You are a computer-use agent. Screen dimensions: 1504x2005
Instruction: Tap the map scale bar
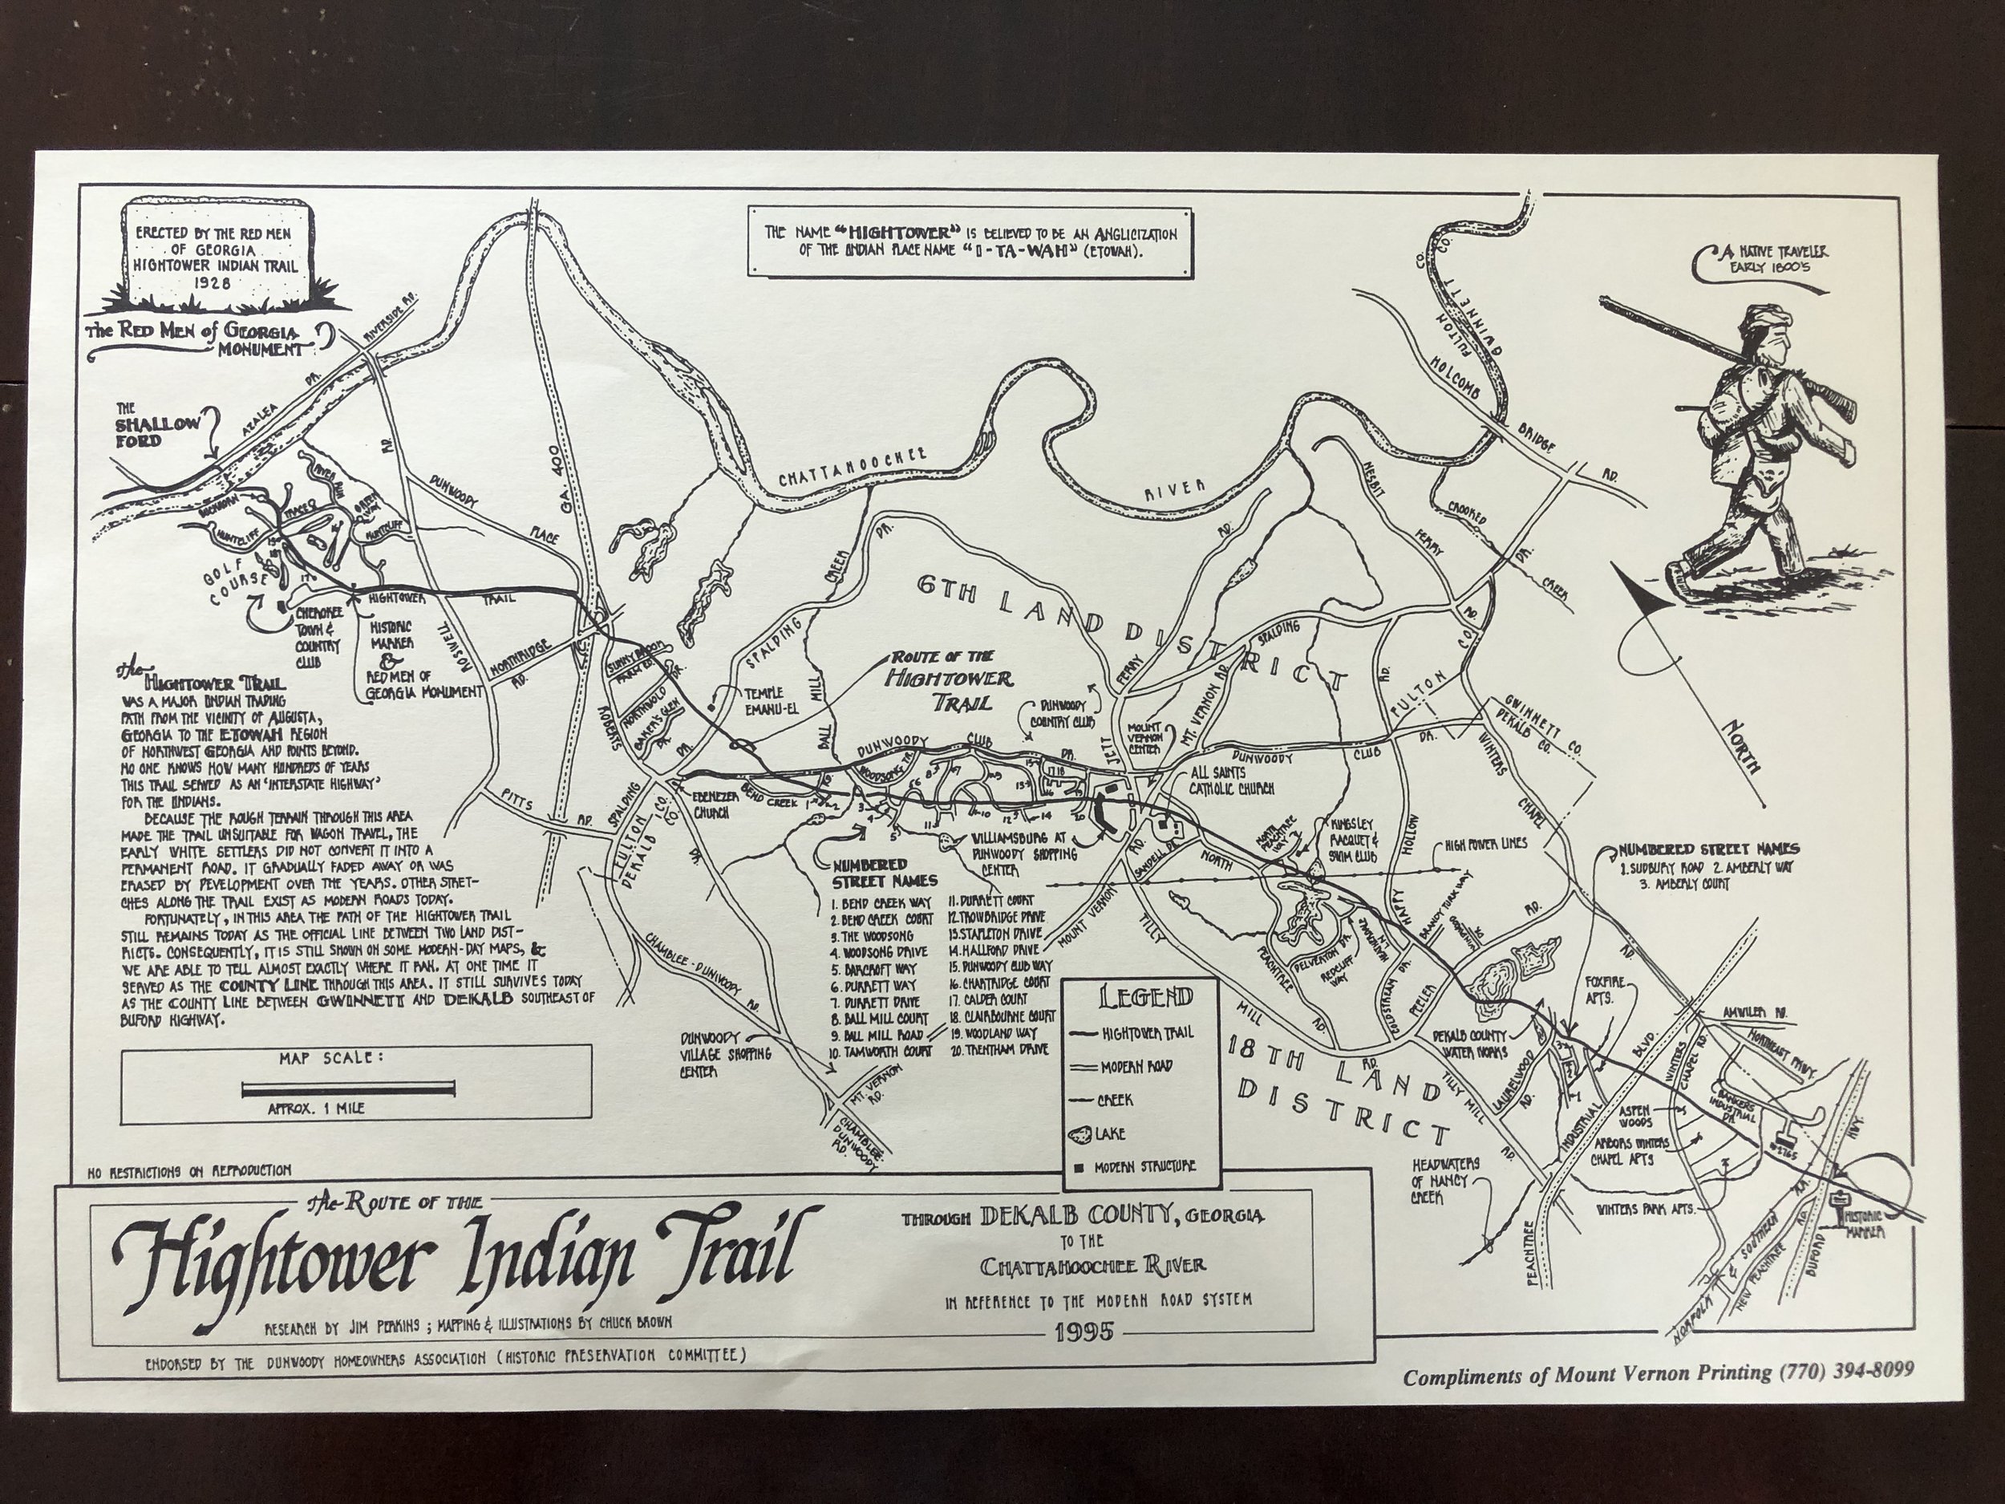coord(348,1088)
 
